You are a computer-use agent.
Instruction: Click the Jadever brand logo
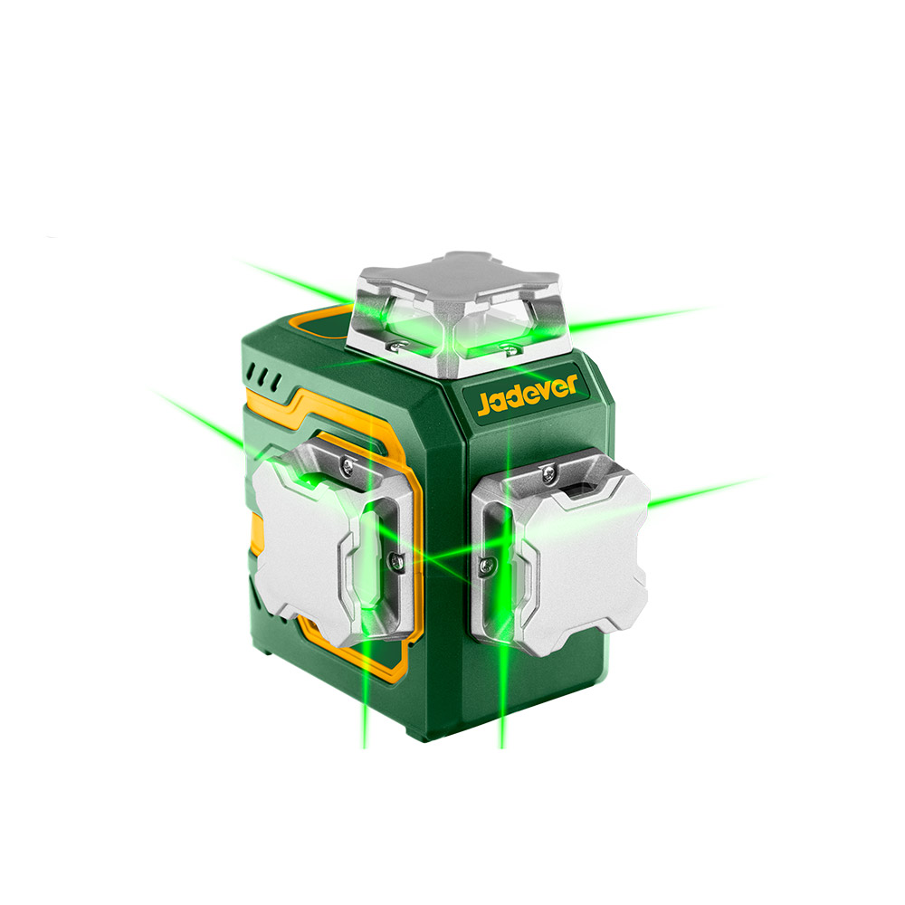(528, 395)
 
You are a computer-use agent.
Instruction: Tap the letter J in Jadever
(483, 405)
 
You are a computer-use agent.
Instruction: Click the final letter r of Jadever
(571, 384)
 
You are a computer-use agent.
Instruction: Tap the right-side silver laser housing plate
(560, 550)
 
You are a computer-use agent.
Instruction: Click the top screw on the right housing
(549, 473)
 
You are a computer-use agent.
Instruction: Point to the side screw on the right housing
(487, 567)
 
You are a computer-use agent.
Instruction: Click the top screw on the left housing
(347, 465)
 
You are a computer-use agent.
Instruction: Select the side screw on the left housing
(395, 558)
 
